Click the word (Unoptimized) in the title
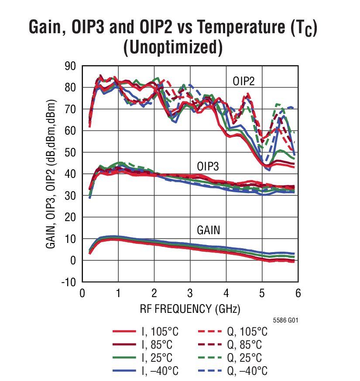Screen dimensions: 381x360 pos(173,47)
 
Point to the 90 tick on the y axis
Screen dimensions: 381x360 pos(70,66)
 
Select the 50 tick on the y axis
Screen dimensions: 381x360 pos(70,152)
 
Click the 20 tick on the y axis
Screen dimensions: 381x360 pos(70,217)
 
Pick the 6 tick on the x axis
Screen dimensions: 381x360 pos(298,293)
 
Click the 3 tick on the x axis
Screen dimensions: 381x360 pos(190,293)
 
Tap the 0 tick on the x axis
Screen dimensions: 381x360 pos(82,293)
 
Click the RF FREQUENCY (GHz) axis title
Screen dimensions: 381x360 pos(190,309)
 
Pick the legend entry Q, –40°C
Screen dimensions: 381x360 pos(248,371)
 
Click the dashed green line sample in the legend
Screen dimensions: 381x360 pos(209,358)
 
